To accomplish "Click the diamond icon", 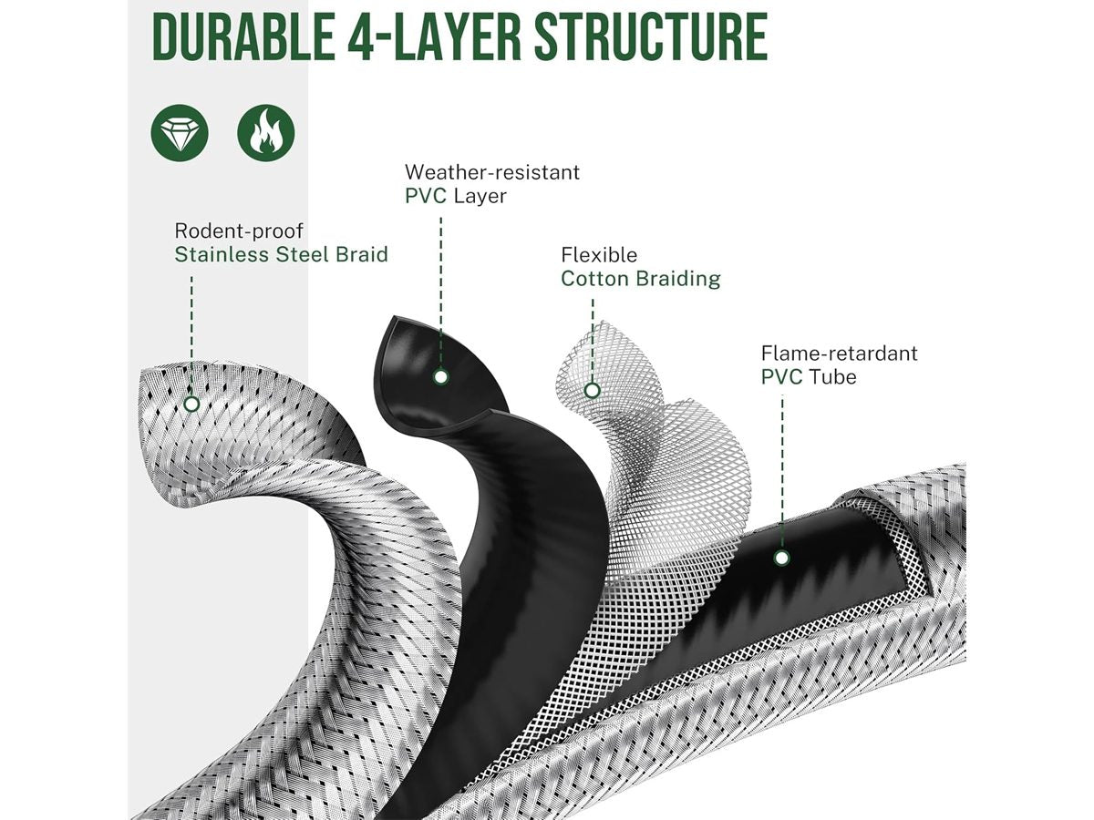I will point(180,133).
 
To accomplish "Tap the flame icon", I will point(265,133).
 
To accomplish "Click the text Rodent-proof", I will point(239,231).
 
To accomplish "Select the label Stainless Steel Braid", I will point(281,254).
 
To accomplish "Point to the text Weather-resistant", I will point(492,171).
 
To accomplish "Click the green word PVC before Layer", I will point(426,196).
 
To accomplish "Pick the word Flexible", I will point(599,255).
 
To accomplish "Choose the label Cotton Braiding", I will point(640,279).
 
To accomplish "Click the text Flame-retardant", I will point(839,353).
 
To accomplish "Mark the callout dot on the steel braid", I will point(191,403).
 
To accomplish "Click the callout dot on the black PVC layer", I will point(440,376).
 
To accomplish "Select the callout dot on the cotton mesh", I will point(592,390).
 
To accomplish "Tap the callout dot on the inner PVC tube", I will point(781,558).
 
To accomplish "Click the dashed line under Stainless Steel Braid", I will point(191,328).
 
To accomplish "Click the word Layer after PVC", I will point(480,196).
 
